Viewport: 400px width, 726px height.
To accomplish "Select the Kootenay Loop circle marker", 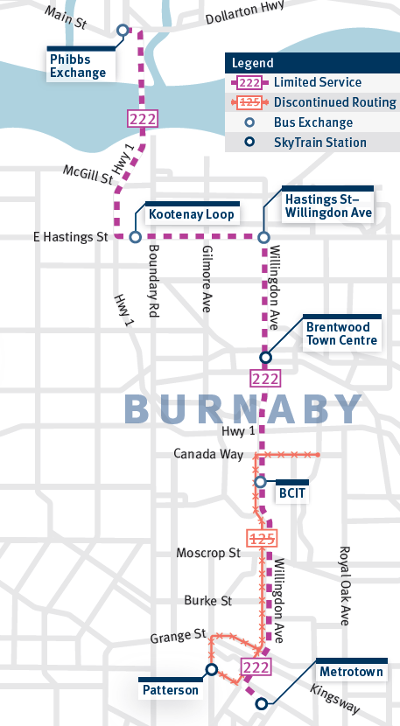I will coord(135,236).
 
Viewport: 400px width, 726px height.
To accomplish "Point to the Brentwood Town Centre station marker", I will coord(265,356).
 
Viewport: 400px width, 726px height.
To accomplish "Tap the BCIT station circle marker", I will coord(260,481).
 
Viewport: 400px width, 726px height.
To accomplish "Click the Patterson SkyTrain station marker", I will coord(211,670).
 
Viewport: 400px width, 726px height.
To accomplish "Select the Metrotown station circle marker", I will coord(260,702).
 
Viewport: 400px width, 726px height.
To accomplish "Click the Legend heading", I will coord(253,63).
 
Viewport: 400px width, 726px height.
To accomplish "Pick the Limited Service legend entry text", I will coord(317,82).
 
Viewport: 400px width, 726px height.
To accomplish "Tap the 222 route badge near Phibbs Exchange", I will coord(141,120).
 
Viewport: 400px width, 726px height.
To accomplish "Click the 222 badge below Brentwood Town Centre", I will coord(264,379).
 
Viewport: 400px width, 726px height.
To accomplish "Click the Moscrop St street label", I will coord(207,553).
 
